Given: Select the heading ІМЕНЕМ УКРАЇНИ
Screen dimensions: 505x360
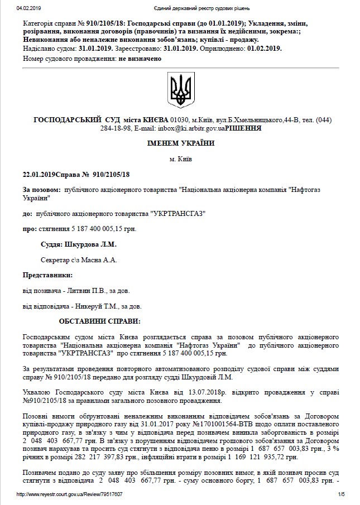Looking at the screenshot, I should coord(180,143).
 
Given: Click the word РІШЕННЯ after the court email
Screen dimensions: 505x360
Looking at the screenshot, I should coord(243,128).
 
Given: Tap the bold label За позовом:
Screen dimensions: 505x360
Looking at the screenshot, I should coord(42,190).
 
